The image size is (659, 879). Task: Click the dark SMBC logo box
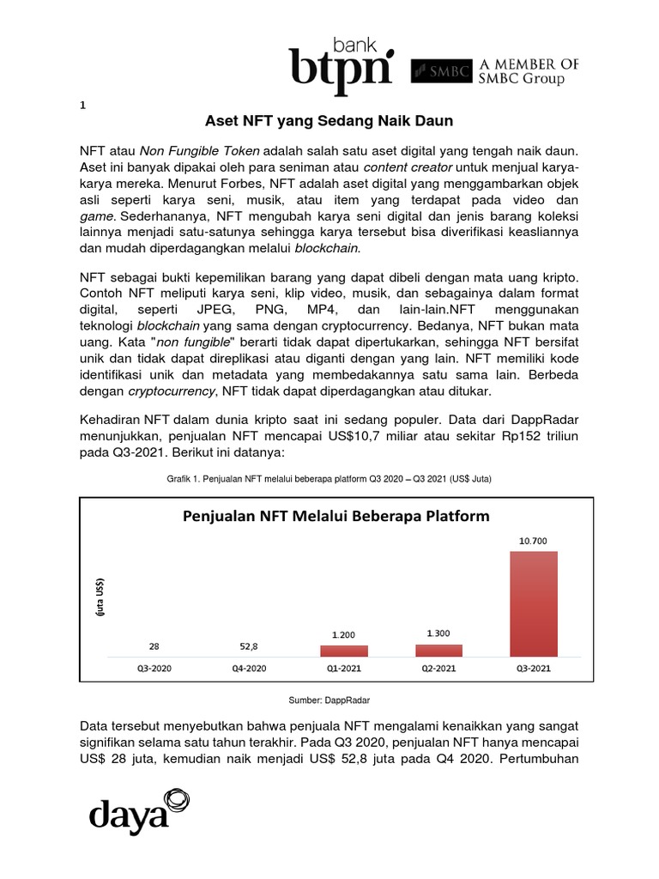[442, 72]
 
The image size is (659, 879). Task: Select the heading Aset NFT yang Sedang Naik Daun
[329, 121]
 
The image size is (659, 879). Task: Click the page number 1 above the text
[82, 106]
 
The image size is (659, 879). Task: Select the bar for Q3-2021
[533, 603]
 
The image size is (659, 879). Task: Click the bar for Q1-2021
[344, 651]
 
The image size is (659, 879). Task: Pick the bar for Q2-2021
[438, 650]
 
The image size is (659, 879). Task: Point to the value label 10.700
[533, 541]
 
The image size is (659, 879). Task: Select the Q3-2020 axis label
[154, 668]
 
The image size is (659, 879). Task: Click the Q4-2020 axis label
[249, 668]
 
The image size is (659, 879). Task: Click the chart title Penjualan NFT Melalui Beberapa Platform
[335, 516]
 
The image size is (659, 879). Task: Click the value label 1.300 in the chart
[438, 633]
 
